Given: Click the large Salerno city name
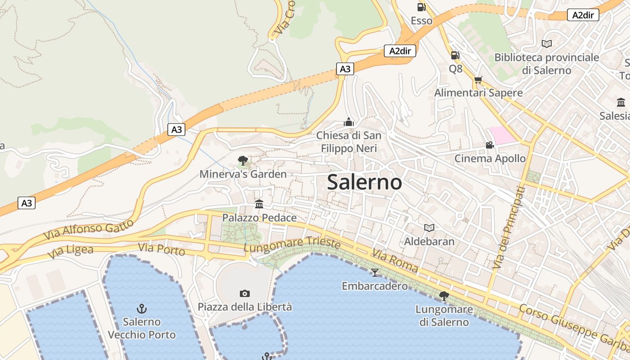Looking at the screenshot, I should (364, 182).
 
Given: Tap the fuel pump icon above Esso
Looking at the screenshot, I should (421, 7).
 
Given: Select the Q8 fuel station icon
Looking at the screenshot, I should (455, 55).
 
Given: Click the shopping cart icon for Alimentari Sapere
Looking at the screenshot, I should (478, 80).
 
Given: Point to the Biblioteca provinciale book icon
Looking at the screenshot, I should (547, 44).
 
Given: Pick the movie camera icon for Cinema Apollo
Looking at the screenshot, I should (490, 145).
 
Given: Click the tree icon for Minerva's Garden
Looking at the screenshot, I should (243, 160).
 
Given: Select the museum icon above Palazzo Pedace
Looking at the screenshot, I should (259, 204).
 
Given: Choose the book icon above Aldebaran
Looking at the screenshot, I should (429, 228).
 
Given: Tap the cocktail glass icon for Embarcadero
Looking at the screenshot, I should (374, 272).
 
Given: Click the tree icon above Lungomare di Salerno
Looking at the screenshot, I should (444, 296).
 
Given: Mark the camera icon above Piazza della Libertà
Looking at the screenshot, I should (245, 293).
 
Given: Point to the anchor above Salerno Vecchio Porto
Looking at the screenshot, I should (142, 308).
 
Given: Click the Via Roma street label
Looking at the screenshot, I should (395, 261).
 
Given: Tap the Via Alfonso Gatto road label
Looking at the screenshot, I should (89, 229).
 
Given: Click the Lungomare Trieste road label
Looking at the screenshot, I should (292, 243).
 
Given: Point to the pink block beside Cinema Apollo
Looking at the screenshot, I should (503, 135).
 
